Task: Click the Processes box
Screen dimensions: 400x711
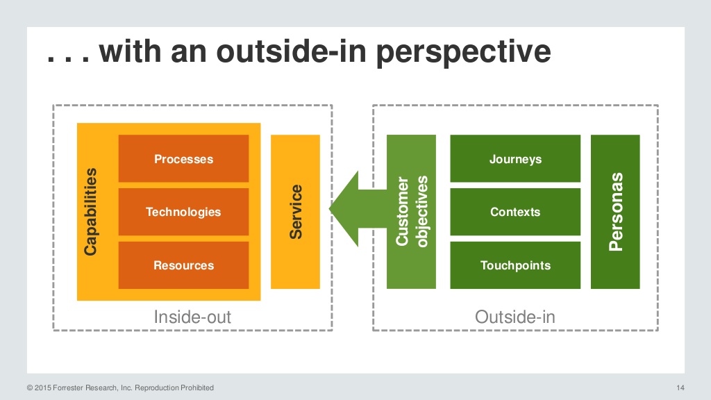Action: [183, 159]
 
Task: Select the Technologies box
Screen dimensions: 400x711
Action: [183, 212]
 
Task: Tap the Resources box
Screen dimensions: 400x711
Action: [183, 265]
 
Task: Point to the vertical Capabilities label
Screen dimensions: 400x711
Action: [90, 212]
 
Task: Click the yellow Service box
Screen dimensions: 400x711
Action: [295, 212]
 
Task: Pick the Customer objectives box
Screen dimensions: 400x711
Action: [411, 212]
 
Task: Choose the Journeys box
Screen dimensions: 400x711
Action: [515, 159]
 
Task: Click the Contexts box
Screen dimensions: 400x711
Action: [515, 212]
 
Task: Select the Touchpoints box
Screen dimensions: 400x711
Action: [515, 265]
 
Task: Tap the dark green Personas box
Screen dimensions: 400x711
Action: [615, 212]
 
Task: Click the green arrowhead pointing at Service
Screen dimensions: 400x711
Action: [345, 209]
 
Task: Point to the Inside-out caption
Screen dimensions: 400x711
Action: [192, 317]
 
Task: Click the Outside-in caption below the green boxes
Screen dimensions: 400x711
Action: [515, 317]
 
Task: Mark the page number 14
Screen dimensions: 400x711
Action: [680, 387]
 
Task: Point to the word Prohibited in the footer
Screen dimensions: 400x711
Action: [196, 387]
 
